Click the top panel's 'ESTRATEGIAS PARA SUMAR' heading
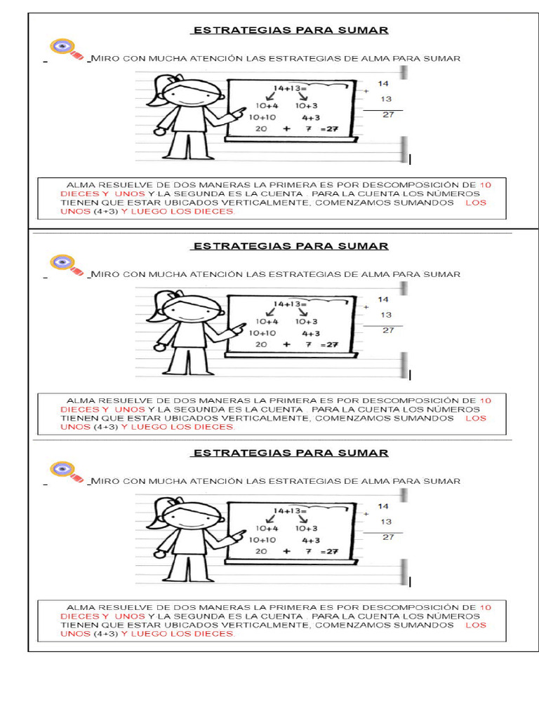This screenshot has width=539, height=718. coord(289,30)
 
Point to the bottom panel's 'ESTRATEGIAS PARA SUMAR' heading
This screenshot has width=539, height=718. coord(289,453)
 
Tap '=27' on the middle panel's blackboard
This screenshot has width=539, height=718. coord(329,345)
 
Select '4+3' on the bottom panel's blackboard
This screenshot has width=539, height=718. coord(311,541)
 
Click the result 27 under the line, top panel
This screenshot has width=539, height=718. coord(388,115)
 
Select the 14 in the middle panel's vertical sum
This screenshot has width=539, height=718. coord(383,299)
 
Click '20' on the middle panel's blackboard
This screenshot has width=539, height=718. coord(261,345)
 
